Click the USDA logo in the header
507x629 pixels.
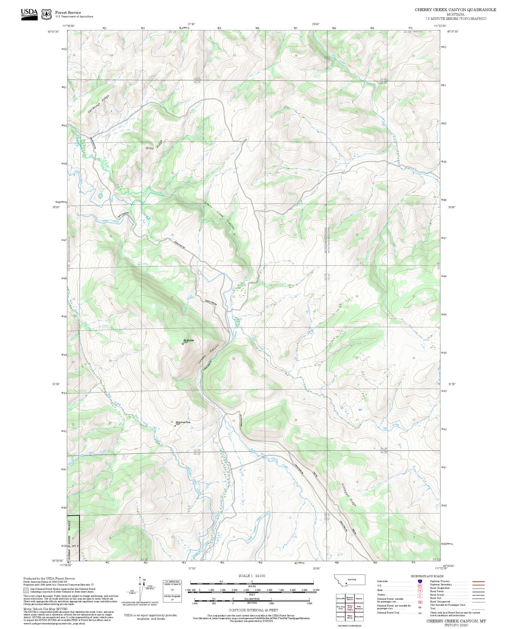click(29, 14)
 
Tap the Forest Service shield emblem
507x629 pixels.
click(46, 14)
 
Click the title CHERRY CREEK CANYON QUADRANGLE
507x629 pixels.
click(455, 10)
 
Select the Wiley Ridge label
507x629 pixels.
click(154, 145)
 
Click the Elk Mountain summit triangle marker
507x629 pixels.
click(182, 344)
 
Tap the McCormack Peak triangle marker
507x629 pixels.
click(175, 426)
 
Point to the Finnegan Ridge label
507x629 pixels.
click(348, 495)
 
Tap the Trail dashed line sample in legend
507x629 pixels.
click(478, 609)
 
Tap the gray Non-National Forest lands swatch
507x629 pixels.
click(26, 590)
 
